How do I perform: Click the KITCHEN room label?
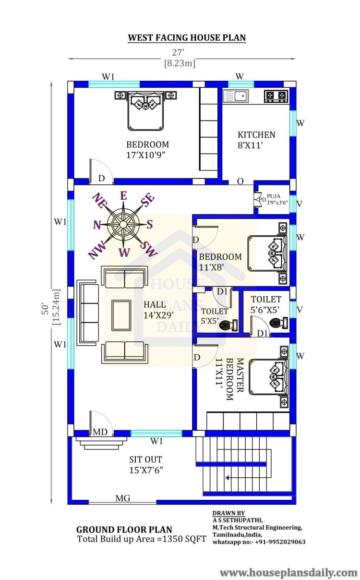256,135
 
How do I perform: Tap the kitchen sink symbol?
236,96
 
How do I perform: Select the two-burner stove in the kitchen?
276,96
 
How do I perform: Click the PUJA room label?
274,196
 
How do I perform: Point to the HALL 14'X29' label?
158,310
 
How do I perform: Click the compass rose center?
123,224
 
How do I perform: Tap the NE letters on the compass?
99,200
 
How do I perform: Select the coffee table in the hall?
121,315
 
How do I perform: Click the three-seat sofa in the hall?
88,313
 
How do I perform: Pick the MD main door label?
100,432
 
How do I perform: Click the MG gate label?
123,498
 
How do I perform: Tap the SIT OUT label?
146,459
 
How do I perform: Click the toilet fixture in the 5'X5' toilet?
228,325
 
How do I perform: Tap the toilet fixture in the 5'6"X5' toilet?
279,322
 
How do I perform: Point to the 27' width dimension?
178,52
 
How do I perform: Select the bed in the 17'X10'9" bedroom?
146,110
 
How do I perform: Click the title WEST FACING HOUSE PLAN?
187,38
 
